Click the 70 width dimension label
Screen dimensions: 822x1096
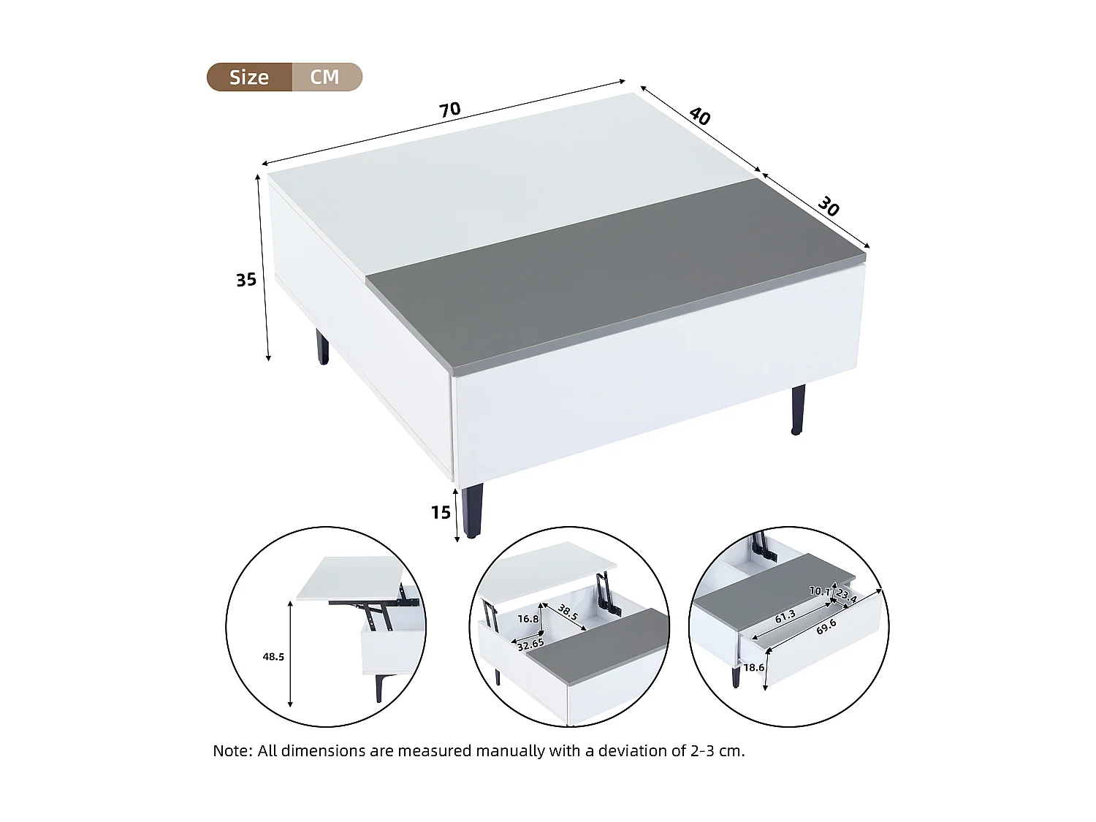point(449,110)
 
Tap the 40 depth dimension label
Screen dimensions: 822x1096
point(699,116)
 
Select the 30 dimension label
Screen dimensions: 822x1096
point(828,206)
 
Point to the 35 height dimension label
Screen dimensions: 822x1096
point(246,280)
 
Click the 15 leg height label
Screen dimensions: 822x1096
point(441,513)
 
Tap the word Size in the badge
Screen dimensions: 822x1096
point(249,77)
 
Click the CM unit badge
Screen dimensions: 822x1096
point(325,77)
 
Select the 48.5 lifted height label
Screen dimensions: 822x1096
point(273,657)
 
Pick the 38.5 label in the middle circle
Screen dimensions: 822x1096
point(568,612)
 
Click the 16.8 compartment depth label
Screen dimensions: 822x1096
point(528,619)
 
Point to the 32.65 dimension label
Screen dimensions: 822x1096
point(530,644)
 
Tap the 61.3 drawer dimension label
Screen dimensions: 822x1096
point(785,617)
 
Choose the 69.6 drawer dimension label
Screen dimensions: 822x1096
point(826,627)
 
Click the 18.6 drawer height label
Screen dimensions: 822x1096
point(753,668)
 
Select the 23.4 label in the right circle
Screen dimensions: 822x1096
point(846,596)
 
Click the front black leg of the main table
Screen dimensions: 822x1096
point(472,510)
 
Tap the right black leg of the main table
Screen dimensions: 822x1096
point(798,409)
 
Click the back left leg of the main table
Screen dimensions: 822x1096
point(322,347)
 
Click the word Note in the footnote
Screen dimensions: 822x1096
point(231,751)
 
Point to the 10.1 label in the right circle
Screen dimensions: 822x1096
point(819,591)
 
